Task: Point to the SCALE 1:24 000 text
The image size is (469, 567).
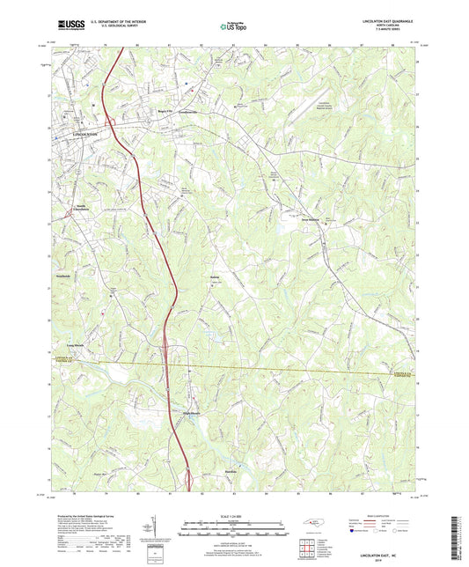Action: coord(233,514)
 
